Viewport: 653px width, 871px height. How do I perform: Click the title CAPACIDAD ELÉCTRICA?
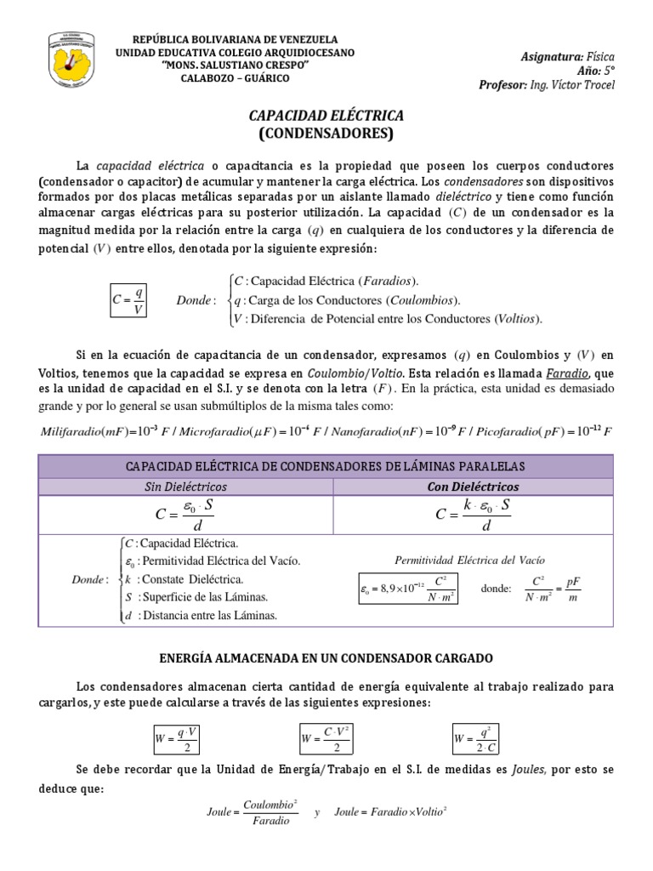tap(326, 115)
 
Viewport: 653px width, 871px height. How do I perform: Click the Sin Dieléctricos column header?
tap(185, 486)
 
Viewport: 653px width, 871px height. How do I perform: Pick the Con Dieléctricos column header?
tap(474, 486)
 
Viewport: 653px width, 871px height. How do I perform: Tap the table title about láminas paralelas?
tap(326, 466)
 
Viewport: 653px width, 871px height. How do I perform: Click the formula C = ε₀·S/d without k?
tap(185, 514)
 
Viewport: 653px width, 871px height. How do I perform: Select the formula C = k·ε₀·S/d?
tap(474, 514)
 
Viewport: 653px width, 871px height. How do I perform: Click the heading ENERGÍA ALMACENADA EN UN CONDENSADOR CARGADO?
tap(326, 659)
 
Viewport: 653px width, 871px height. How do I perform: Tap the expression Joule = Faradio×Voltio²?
tap(391, 812)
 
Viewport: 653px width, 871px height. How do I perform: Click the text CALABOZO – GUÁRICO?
tap(236, 78)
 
